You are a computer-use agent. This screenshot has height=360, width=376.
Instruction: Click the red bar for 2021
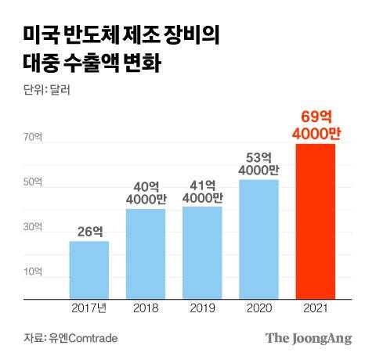(x=315, y=221)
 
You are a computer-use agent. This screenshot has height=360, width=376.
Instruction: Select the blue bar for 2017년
(x=89, y=270)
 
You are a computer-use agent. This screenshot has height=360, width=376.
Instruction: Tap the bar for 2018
(x=145, y=254)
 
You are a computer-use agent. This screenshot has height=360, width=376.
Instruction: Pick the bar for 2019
(x=201, y=253)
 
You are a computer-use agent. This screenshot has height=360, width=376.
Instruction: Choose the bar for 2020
(x=258, y=239)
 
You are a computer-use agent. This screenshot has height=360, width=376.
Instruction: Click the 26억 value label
(x=89, y=231)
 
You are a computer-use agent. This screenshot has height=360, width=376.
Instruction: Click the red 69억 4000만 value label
(x=316, y=126)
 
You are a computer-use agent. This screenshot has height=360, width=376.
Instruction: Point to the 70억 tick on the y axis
(x=32, y=138)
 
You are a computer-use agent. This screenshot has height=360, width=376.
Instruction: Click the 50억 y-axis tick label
(x=32, y=182)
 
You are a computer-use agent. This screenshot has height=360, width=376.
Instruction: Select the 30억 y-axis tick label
(x=32, y=227)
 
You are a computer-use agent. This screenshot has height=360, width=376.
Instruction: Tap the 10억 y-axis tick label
(x=32, y=272)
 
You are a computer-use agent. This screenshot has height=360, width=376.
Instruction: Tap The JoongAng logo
(x=308, y=338)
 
